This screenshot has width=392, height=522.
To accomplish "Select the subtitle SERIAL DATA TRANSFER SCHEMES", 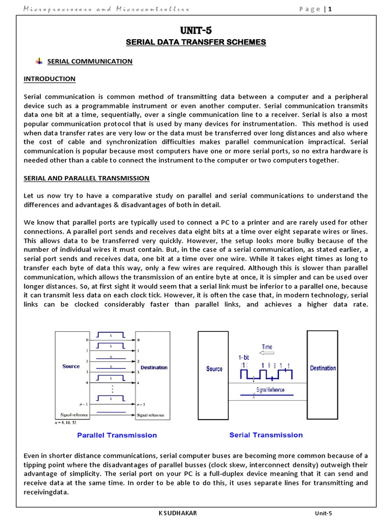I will [x=196, y=42].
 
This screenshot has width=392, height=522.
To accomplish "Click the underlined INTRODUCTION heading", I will [x=50, y=79].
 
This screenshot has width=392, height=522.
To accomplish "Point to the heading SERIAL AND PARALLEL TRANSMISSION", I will [x=87, y=178].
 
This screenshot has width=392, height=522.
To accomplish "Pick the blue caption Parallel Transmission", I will [x=117, y=435].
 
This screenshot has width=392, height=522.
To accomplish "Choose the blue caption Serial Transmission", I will [x=266, y=435].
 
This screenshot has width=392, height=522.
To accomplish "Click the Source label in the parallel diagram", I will [x=71, y=367].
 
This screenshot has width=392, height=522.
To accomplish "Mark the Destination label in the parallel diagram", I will [x=154, y=367].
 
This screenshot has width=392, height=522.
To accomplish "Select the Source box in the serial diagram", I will [x=214, y=369].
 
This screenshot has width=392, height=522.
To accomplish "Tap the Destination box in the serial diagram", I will [x=323, y=368].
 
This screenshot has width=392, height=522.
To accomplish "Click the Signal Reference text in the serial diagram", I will [x=270, y=390].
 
